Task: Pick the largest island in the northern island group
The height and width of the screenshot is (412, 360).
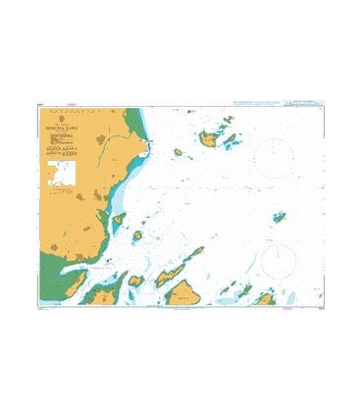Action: pos(210,141)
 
